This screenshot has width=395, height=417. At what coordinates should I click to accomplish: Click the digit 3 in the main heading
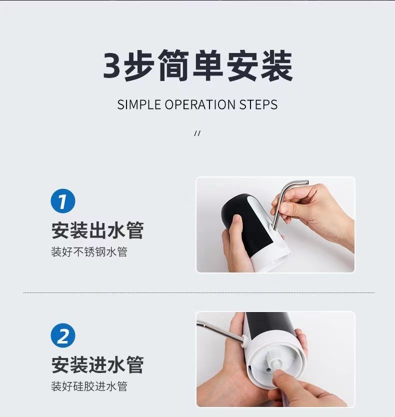pos(111,65)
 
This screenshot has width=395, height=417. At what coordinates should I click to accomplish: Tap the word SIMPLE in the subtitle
pos(139,104)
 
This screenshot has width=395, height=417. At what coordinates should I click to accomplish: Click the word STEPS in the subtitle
pos(258,104)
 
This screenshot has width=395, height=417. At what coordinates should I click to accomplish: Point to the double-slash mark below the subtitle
pos(197,133)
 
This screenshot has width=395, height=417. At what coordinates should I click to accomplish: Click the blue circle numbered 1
pos(63,201)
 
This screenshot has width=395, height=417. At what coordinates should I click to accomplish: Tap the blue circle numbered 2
pos(63,335)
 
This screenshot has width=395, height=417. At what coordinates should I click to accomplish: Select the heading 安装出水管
pos(97,230)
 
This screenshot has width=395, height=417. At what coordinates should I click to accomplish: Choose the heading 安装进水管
pos(97,365)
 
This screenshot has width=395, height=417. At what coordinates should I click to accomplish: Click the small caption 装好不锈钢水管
pos(89,252)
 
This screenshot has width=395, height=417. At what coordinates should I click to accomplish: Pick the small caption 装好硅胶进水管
pos(89,386)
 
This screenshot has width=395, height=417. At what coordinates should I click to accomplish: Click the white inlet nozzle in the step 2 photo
pos(275,361)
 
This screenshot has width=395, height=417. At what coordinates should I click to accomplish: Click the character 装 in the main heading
pos(276,65)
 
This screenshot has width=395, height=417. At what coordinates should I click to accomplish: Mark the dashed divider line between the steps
pos(198,292)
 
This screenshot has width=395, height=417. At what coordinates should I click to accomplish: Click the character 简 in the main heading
pos(173,65)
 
